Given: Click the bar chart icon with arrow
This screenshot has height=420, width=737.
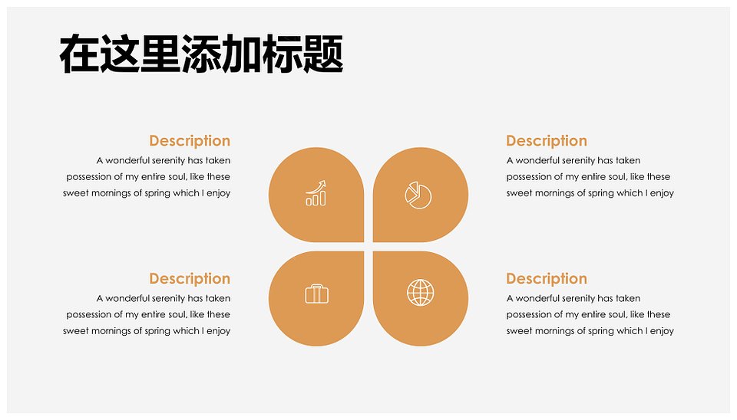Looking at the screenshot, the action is click(x=316, y=193).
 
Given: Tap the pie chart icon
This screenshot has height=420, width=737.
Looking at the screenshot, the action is click(x=418, y=195).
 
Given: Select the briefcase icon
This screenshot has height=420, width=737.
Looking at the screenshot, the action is click(x=317, y=294).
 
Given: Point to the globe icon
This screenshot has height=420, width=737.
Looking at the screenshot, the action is click(x=420, y=292).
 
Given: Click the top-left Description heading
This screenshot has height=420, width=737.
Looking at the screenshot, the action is click(x=190, y=141).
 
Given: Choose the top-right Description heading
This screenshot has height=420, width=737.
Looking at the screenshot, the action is click(x=547, y=141).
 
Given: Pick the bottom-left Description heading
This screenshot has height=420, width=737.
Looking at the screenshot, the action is click(x=190, y=279).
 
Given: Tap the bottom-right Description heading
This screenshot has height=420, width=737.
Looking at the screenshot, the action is click(x=547, y=279).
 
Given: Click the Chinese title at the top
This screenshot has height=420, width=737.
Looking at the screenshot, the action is click(x=201, y=54).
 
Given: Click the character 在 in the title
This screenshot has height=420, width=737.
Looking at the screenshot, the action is click(x=79, y=54).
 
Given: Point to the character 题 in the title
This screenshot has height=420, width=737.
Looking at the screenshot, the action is click(x=323, y=54).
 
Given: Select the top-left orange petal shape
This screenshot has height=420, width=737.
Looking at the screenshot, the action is click(x=316, y=195).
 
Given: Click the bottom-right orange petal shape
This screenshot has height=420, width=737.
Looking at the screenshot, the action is click(x=421, y=298).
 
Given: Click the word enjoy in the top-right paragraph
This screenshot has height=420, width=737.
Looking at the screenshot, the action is click(x=662, y=193).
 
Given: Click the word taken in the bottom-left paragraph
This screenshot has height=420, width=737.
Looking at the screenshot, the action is click(x=218, y=298).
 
